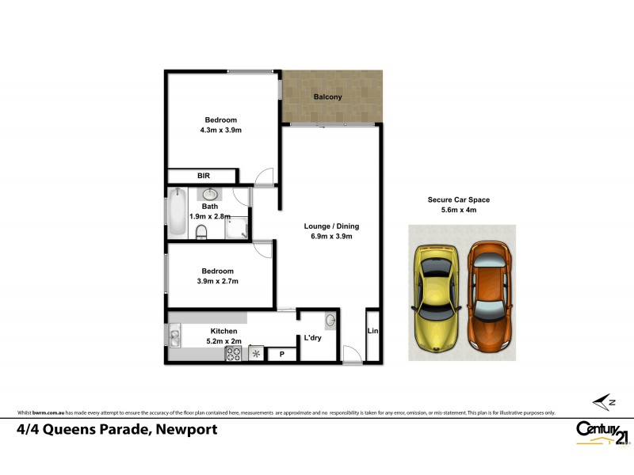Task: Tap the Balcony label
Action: [x=327, y=97]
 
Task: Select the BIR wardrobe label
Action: [x=203, y=176]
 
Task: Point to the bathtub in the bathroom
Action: [x=177, y=213]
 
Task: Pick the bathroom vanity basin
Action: [x=210, y=195]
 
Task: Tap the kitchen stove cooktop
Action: [x=234, y=354]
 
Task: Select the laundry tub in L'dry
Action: [x=330, y=321]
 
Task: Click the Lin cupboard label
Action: [x=372, y=332]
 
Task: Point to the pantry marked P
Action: [x=281, y=355]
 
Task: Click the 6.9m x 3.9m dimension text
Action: [x=327, y=236]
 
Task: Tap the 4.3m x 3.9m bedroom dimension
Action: [x=220, y=131]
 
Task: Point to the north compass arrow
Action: [x=603, y=402]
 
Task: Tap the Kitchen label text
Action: [x=223, y=331]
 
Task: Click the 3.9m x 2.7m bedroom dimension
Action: [x=216, y=281]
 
